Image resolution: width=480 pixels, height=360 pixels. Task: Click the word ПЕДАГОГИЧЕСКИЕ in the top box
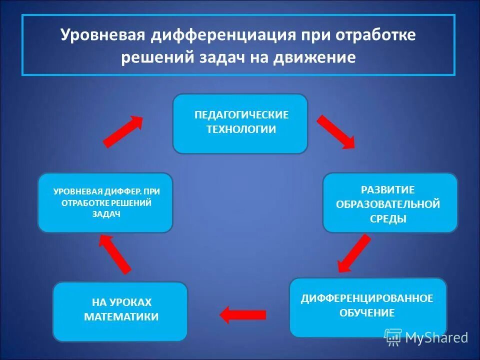(x=241, y=115)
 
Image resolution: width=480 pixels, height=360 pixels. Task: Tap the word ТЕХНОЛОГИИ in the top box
(x=241, y=129)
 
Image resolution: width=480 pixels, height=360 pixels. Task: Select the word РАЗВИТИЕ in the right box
(x=388, y=189)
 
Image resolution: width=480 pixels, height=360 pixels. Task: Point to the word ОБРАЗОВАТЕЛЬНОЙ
(x=388, y=204)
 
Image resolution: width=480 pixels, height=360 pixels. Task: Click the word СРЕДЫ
(x=388, y=218)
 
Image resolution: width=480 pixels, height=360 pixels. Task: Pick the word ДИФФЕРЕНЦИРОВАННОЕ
(x=366, y=298)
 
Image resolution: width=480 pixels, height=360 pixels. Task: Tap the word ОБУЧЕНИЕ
(x=367, y=313)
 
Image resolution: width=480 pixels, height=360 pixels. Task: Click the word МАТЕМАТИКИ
(x=121, y=316)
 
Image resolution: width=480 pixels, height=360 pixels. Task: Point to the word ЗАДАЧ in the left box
(x=106, y=214)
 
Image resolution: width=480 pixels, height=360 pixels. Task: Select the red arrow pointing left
(x=243, y=314)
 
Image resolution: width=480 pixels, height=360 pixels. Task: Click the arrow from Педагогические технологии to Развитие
(x=335, y=131)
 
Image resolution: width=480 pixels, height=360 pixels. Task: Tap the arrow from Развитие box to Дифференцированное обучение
(x=354, y=253)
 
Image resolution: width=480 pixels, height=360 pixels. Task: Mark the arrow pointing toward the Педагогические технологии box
(x=123, y=131)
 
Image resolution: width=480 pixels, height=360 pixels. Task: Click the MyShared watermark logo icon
(x=393, y=337)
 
